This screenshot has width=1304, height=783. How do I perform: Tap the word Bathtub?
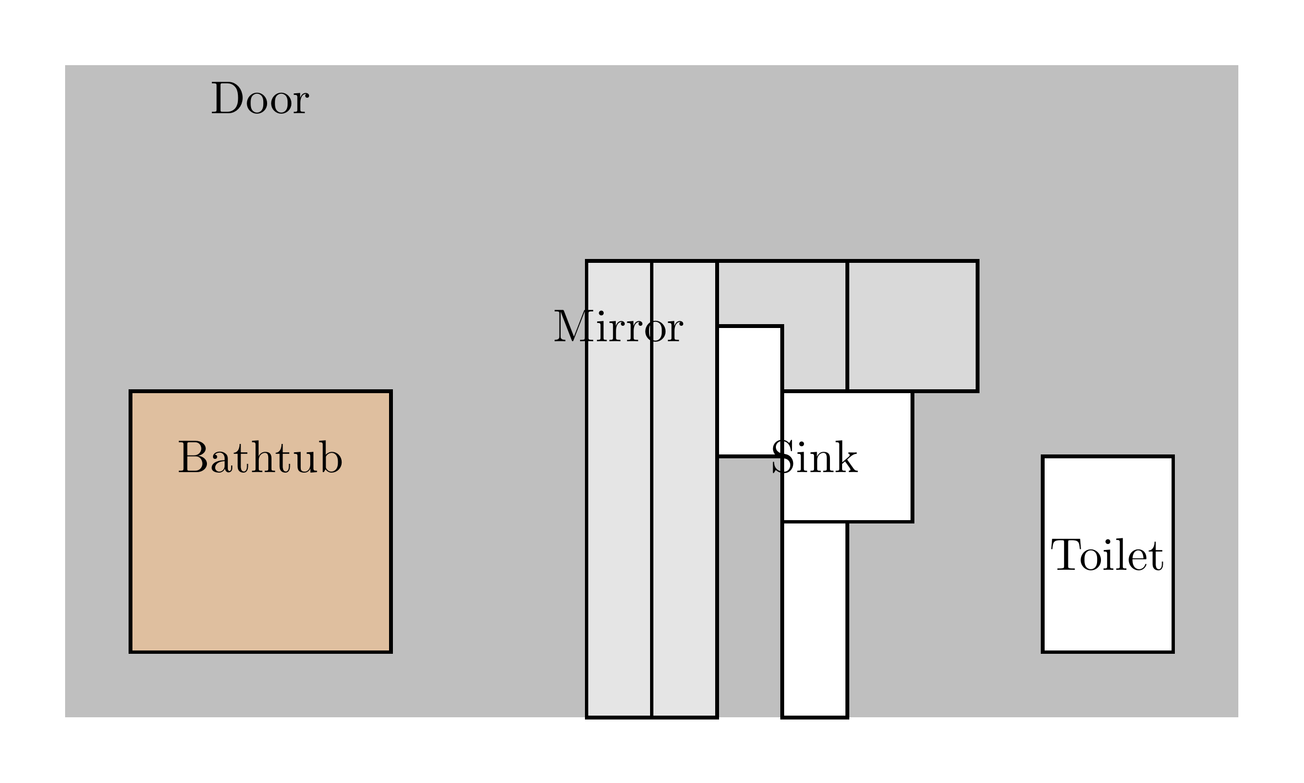point(260,458)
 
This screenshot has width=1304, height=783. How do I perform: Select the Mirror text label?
point(618,327)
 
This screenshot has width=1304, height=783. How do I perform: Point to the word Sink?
point(815,458)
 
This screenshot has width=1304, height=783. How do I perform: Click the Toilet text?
point(1107,555)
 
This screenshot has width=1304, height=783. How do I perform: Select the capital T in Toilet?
point(1064,555)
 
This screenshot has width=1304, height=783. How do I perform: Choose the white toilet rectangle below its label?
point(1107,613)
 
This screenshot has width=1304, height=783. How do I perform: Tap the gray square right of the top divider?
point(913,326)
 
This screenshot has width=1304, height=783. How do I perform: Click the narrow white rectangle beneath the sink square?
point(815,618)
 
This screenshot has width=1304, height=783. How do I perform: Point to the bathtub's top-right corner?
point(391,391)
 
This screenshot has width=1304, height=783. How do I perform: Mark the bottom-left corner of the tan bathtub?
point(131,652)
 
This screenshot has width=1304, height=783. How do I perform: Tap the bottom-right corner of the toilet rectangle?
point(1173,652)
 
